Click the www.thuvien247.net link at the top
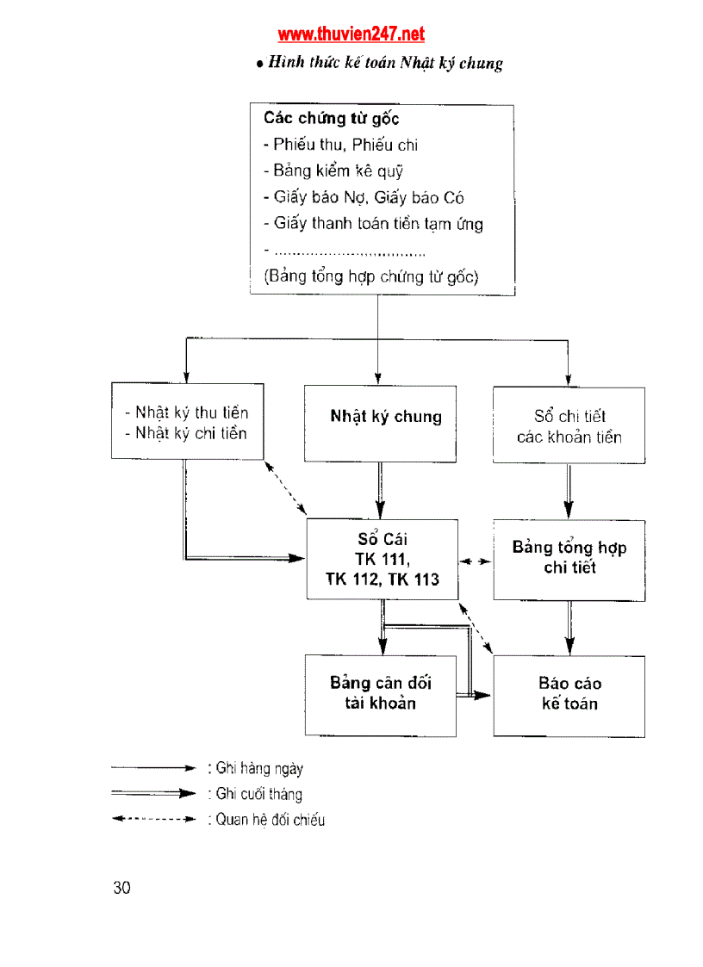tap(351, 34)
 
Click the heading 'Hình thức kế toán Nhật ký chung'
tap(379, 63)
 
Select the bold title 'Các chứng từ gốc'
tap(331, 119)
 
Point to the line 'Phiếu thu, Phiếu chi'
tap(341, 145)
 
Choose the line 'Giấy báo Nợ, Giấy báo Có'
tap(364, 197)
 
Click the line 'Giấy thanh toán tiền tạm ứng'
tap(373, 224)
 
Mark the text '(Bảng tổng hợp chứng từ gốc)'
tap(370, 277)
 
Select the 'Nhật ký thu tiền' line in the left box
tap(191, 413)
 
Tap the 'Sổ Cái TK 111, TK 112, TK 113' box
tap(383, 560)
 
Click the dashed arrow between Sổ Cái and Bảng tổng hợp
tap(476, 561)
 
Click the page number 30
tap(121, 888)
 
